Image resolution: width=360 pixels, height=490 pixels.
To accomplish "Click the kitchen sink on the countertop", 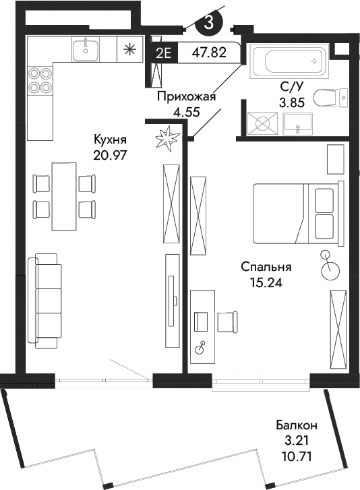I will pos(86,49).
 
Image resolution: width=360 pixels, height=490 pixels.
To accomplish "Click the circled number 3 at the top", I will pos(209,21).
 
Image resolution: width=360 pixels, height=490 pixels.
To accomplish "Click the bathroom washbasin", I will pos(297,123).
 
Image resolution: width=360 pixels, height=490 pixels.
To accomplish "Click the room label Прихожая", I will pos(186,96).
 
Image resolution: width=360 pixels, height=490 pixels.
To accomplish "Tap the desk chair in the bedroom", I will pos(227,321).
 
